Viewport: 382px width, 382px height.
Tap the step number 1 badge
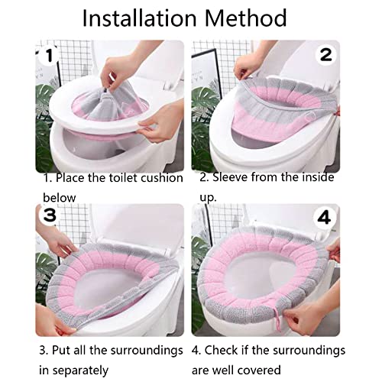click(48, 54)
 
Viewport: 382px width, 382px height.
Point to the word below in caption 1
click(60, 197)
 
